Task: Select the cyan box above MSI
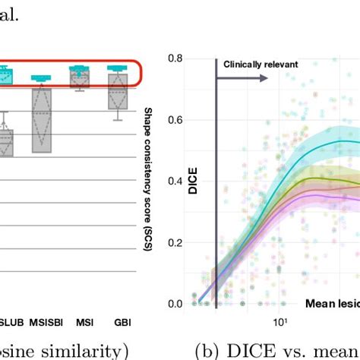(79, 71)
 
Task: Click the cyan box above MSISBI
(42, 78)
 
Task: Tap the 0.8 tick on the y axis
(178, 58)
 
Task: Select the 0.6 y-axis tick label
(178, 119)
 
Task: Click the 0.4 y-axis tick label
(178, 182)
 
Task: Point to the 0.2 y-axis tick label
(178, 243)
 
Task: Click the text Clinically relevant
(261, 65)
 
